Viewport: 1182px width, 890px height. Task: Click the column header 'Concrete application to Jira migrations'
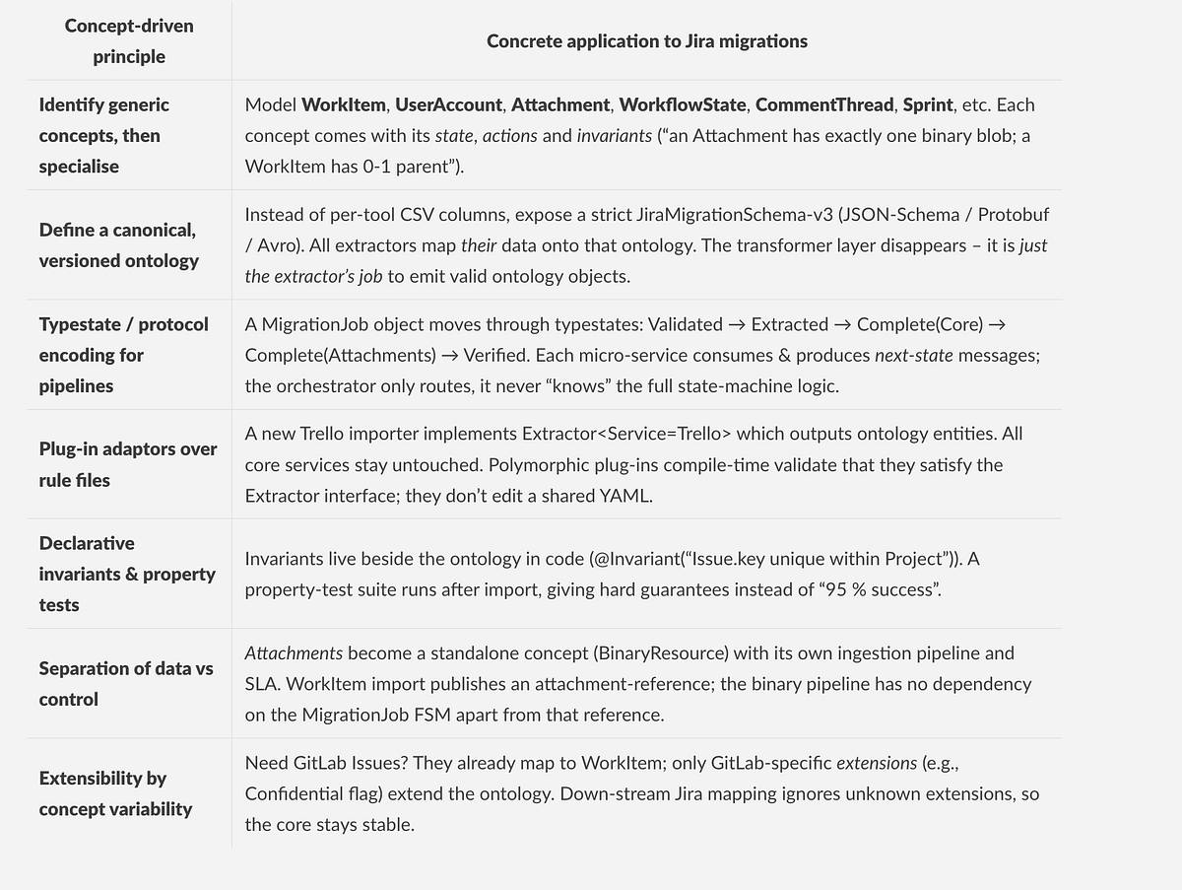(646, 41)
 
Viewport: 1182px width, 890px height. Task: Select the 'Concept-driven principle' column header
(129, 41)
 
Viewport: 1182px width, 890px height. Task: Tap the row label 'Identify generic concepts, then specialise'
(103, 135)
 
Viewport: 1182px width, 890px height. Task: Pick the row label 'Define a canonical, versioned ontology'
(118, 245)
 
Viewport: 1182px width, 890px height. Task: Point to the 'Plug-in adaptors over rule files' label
(128, 464)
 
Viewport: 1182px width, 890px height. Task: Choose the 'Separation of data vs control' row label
(126, 683)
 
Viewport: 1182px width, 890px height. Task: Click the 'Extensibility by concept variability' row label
(115, 793)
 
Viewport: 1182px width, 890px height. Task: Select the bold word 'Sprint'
(928, 104)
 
